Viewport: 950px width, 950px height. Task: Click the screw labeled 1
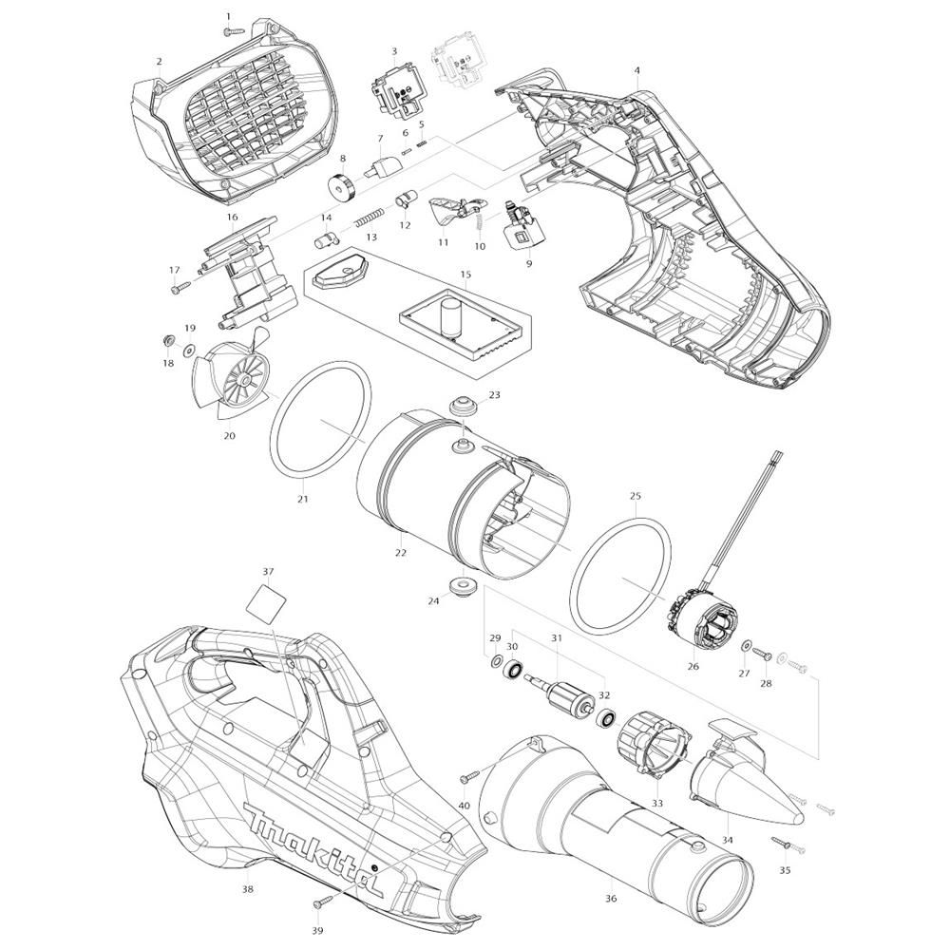click(234, 29)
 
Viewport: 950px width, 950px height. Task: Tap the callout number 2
click(159, 61)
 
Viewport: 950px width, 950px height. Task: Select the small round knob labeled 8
click(343, 184)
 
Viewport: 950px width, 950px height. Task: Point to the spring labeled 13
click(369, 217)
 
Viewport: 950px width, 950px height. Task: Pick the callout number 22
click(401, 553)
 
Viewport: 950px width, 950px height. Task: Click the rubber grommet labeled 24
click(462, 586)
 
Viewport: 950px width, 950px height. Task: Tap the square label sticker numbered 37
click(266, 600)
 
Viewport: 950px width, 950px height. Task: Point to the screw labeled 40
click(470, 774)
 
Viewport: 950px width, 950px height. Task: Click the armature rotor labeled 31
click(560, 693)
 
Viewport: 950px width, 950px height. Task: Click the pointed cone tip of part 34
click(799, 817)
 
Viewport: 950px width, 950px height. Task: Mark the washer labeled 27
click(745, 646)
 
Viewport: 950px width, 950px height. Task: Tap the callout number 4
click(636, 70)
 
